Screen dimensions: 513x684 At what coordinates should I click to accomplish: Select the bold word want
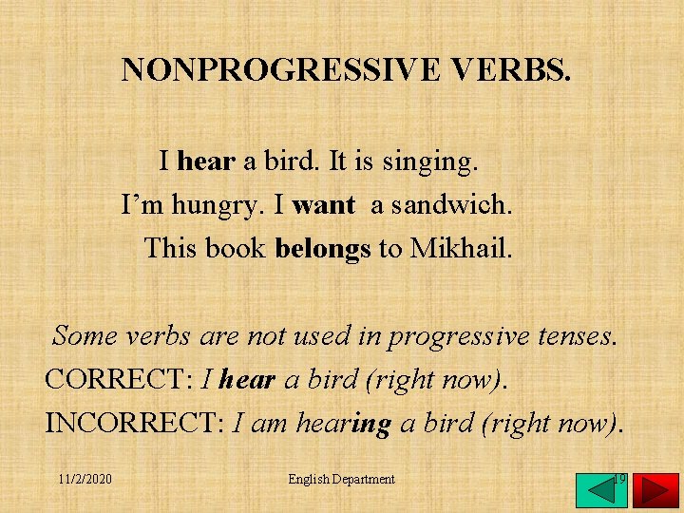[324, 204]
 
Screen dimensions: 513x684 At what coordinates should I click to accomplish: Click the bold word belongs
[323, 249]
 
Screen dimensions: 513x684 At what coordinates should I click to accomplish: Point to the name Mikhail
[461, 249]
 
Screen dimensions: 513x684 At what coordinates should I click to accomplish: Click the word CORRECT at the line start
[119, 379]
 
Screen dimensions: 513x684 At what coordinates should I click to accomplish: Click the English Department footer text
[341, 479]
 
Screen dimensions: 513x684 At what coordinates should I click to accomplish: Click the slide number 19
[618, 478]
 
